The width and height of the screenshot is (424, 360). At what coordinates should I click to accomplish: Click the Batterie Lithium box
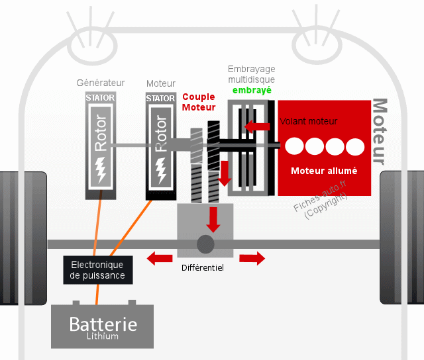(103, 326)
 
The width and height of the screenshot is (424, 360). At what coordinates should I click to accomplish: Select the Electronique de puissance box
(97, 270)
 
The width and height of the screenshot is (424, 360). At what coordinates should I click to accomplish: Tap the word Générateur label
(100, 83)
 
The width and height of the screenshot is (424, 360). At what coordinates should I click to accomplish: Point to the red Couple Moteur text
(199, 102)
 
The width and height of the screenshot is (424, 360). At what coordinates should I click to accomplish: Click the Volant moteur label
(309, 121)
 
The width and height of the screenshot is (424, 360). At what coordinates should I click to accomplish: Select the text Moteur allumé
(324, 171)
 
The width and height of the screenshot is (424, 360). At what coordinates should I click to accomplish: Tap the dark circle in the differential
(205, 244)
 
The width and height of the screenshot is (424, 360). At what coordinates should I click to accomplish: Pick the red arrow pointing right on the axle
(251, 257)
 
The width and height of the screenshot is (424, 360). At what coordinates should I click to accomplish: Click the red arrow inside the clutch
(258, 126)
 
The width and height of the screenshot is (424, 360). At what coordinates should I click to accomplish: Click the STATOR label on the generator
(101, 99)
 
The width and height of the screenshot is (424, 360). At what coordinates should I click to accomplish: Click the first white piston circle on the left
(295, 146)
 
